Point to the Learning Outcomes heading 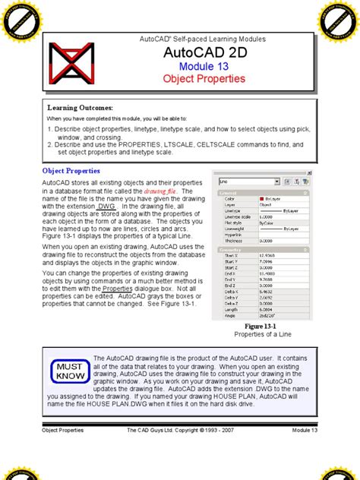coord(81,108)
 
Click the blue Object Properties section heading coord(71,171)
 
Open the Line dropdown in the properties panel coord(277,182)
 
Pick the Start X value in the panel coord(268,255)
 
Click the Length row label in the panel coord(230,309)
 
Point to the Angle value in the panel coord(268,315)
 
